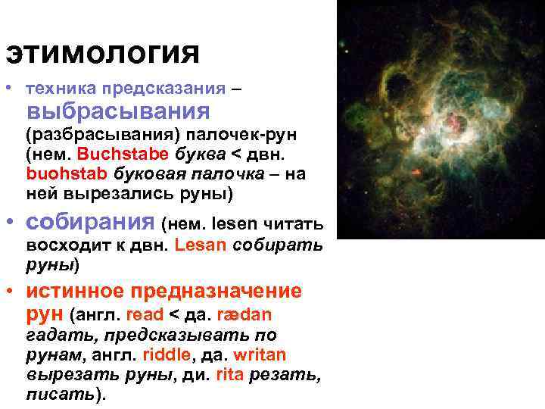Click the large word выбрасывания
[118, 112]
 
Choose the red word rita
[229, 374]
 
